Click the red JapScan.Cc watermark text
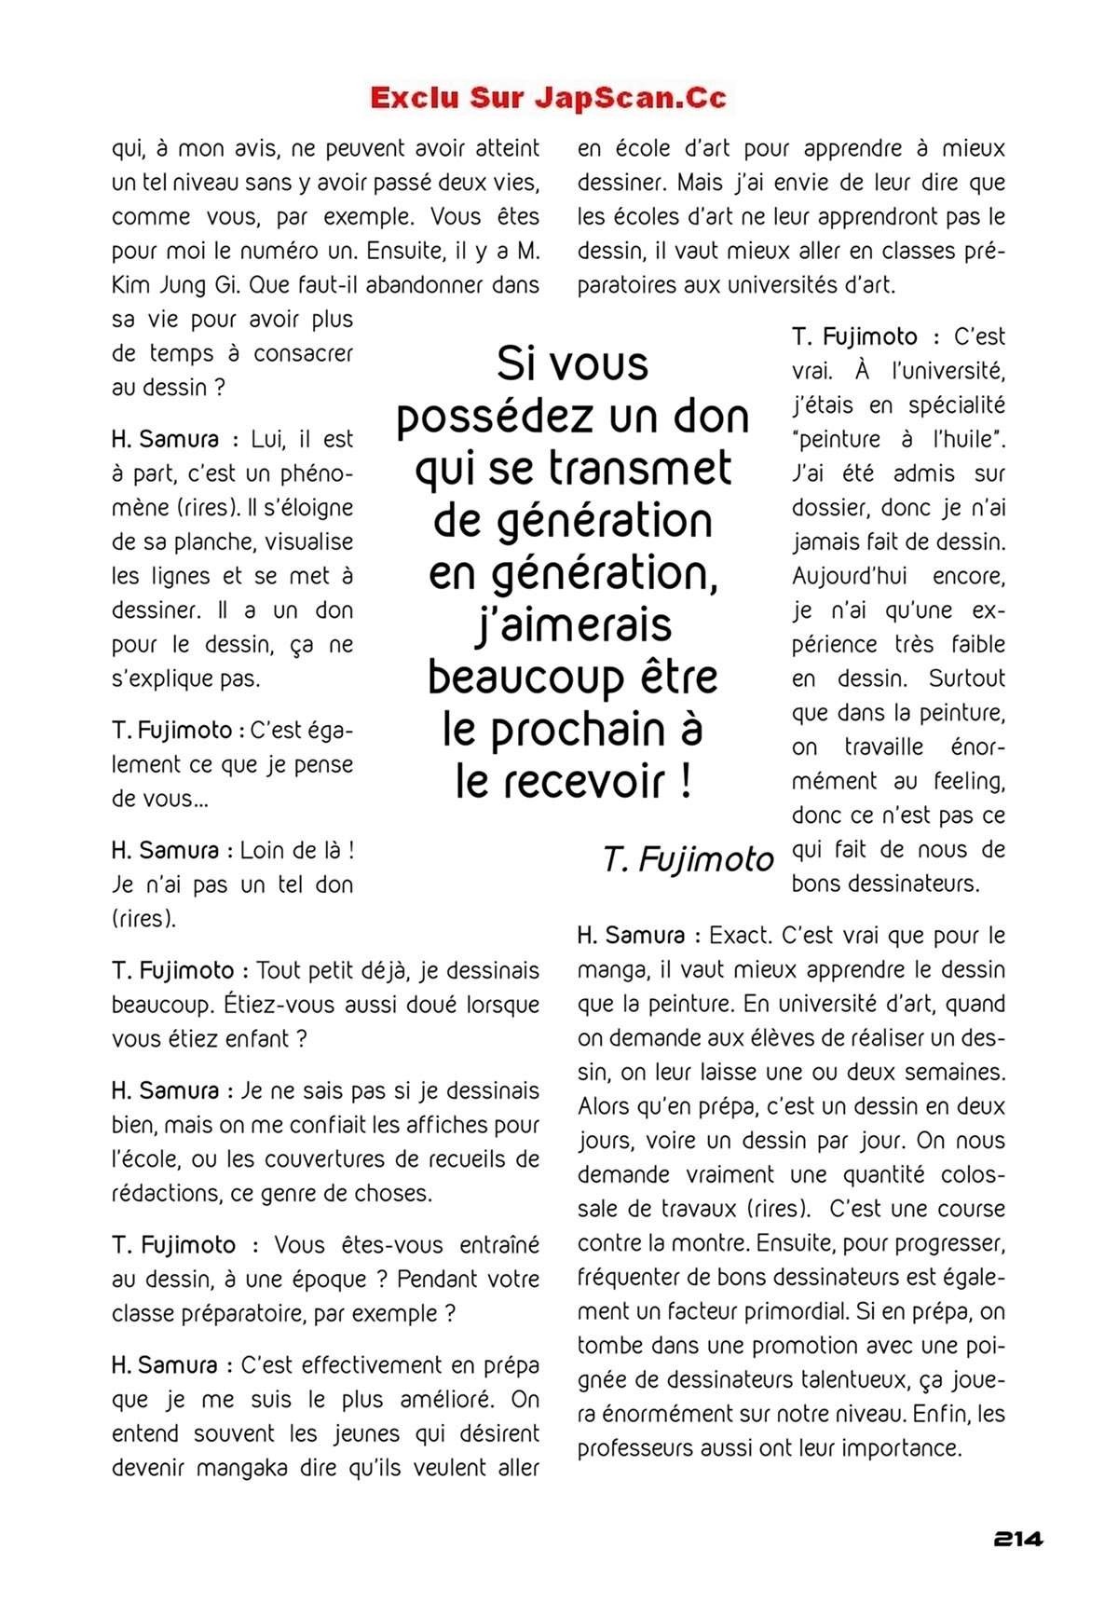click(548, 98)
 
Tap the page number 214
click(1017, 1539)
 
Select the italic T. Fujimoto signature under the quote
click(688, 858)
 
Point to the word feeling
click(969, 781)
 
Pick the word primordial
click(790, 1311)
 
